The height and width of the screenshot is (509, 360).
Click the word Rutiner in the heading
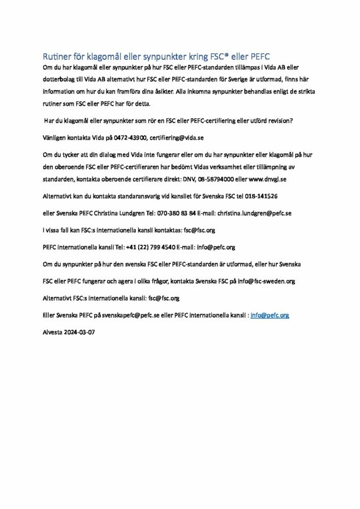(x=57, y=56)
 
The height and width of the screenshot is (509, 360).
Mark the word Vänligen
(x=55, y=137)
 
